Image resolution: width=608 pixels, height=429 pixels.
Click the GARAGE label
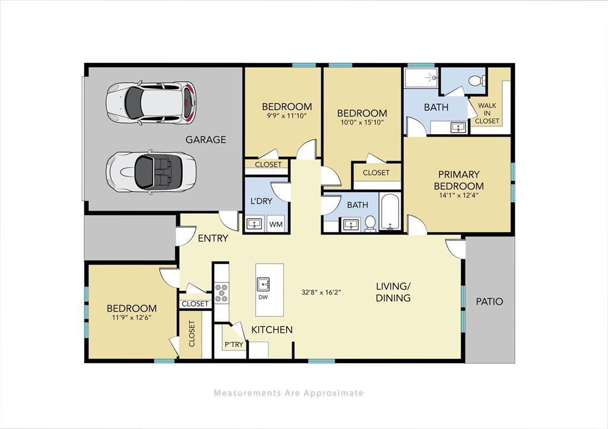[x=205, y=140]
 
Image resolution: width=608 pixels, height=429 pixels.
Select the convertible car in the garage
[x=151, y=170]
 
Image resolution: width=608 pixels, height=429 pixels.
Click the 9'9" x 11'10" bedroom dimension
[x=287, y=116]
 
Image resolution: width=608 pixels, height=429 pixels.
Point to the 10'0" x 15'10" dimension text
[x=362, y=123]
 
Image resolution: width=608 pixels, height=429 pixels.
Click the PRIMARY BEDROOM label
[x=458, y=180]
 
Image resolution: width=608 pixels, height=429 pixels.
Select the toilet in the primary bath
[x=476, y=81]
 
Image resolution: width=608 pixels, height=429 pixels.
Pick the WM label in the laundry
[x=275, y=225]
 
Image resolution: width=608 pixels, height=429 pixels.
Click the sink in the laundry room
[x=255, y=224]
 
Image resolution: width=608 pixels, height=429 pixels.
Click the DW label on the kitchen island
[x=263, y=297]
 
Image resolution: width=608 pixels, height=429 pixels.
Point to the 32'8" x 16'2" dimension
[x=321, y=291]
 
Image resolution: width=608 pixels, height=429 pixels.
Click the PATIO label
[x=489, y=301]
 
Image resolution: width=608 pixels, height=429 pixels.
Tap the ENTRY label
[x=213, y=238]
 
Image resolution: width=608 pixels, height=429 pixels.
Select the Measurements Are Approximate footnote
[x=288, y=393]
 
